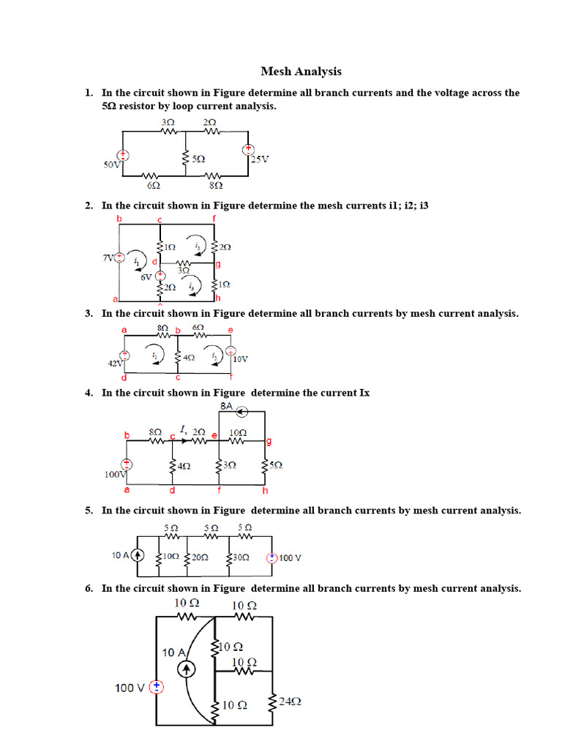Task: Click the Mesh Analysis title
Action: (x=301, y=72)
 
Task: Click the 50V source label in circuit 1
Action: (x=112, y=165)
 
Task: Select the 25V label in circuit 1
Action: (x=259, y=159)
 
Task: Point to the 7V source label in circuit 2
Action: (x=109, y=257)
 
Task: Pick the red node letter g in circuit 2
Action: (x=217, y=263)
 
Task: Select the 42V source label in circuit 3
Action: (x=115, y=363)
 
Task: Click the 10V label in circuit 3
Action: (x=240, y=359)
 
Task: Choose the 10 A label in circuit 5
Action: (x=121, y=556)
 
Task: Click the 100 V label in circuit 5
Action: (x=290, y=557)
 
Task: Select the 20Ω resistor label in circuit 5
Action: (x=199, y=557)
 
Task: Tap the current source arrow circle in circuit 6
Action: (x=187, y=668)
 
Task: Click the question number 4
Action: (x=88, y=393)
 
